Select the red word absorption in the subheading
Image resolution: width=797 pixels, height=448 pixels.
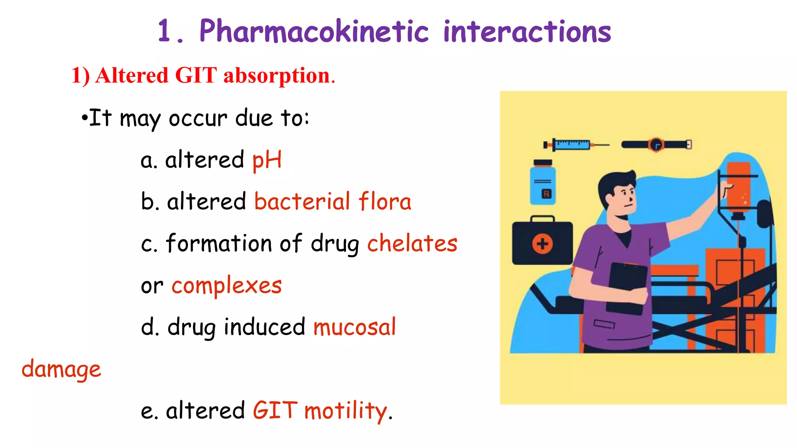(277, 75)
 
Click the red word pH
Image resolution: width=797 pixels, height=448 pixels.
(267, 160)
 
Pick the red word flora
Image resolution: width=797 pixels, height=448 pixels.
(384, 201)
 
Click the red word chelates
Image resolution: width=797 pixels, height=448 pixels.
(412, 243)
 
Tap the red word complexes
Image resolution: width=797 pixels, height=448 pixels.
(226, 285)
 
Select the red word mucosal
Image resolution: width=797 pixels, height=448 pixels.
(355, 327)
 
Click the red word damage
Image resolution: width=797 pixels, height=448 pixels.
(61, 369)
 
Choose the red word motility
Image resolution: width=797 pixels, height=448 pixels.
(346, 411)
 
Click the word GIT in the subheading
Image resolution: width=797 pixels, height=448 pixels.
(196, 75)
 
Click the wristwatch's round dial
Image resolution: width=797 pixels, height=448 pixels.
(657, 145)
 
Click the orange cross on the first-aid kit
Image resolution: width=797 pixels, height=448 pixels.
(542, 244)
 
